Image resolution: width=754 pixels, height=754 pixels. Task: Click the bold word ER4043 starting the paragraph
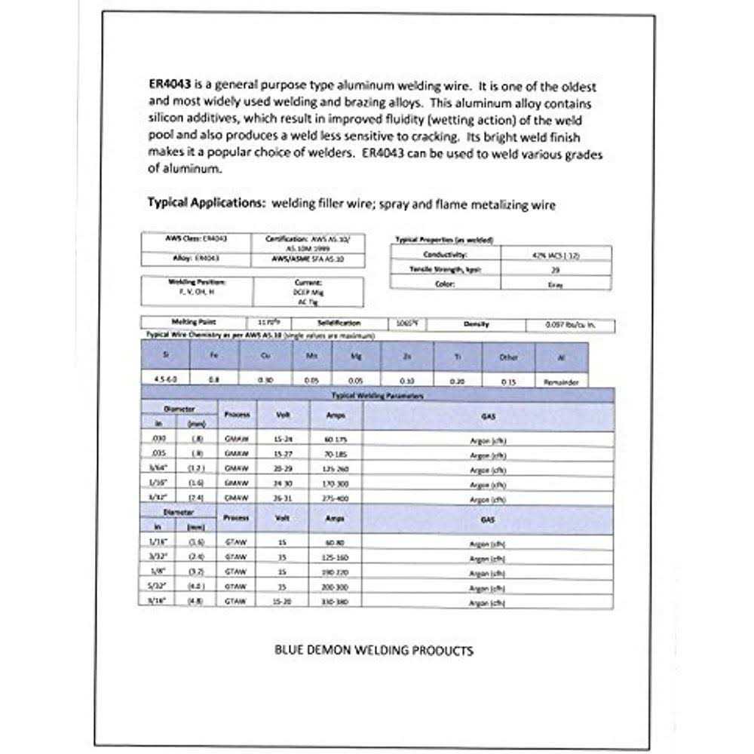(x=169, y=87)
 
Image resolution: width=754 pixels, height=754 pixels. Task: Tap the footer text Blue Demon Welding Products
(x=375, y=650)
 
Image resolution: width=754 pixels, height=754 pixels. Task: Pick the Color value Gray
(x=556, y=284)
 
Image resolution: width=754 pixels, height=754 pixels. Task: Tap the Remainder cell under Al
(x=561, y=382)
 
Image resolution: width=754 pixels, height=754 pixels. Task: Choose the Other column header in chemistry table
(x=509, y=357)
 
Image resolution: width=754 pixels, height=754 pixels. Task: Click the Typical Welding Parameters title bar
(x=377, y=395)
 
